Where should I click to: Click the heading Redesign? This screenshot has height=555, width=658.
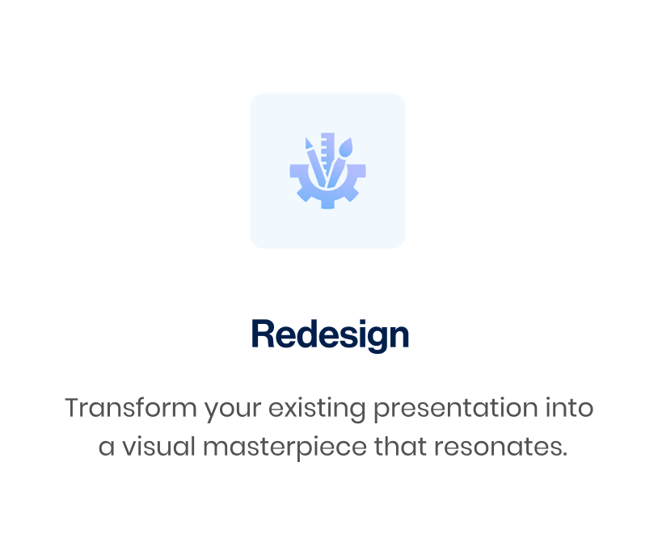[330, 334]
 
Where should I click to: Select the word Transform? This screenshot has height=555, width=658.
[131, 407]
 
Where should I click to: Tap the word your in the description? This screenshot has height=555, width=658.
[233, 410]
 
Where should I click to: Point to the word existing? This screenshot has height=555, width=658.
[317, 409]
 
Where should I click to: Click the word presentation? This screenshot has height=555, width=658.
[455, 409]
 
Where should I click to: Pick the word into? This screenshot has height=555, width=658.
[569, 407]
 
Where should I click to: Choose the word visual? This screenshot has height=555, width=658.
[158, 446]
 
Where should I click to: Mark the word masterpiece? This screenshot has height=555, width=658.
[285, 448]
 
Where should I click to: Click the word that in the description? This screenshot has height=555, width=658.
[400, 446]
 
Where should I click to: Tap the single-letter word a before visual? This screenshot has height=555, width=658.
[107, 448]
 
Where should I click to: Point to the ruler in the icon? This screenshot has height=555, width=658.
[327, 153]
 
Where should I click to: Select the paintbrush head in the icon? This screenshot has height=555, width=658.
[346, 147]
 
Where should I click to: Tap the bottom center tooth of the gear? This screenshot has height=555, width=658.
[327, 204]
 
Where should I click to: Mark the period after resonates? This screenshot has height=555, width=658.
[564, 454]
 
